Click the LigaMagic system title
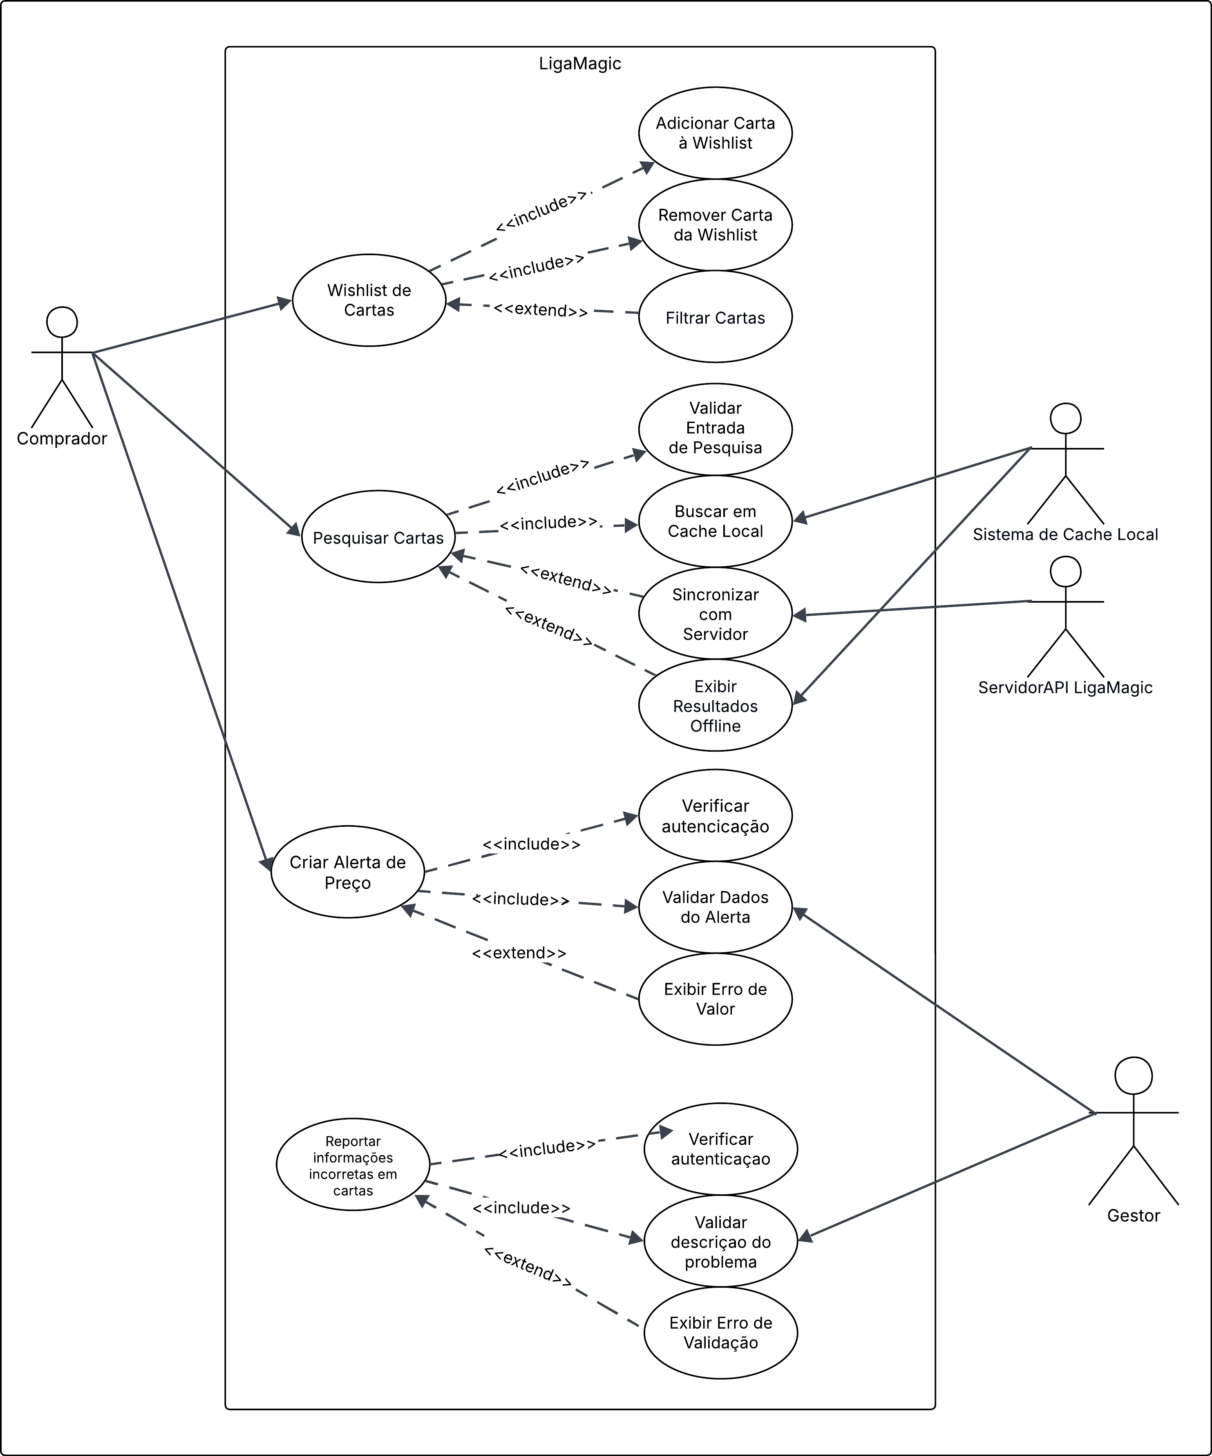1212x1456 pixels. (x=579, y=64)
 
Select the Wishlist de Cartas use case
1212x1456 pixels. (x=369, y=300)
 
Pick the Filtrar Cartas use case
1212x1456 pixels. (x=715, y=318)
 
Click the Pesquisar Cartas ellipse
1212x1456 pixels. (x=378, y=537)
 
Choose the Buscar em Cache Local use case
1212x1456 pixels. (x=715, y=521)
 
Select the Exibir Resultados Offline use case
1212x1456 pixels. (x=715, y=706)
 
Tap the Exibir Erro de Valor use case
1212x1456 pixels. (x=715, y=999)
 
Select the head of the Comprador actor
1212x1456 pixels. (x=62, y=323)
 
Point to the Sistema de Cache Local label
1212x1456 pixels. (x=1065, y=534)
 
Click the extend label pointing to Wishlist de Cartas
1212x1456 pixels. (x=541, y=310)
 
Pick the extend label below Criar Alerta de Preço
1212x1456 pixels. (x=519, y=953)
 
